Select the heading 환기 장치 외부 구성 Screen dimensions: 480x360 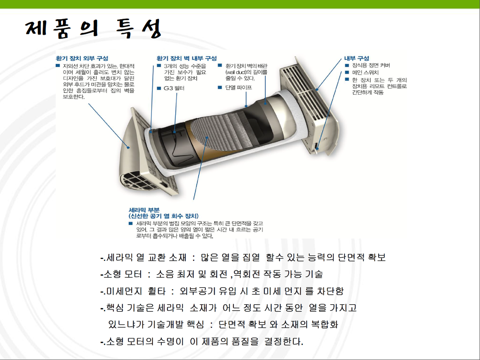pyautogui.click(x=82, y=58)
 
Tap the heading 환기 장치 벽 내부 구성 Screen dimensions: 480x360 pyautogui.click(x=187, y=58)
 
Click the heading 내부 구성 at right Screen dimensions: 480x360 pyautogui.click(x=356, y=58)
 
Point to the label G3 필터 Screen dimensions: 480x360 pyautogui.click(x=174, y=88)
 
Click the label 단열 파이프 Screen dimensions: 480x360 pyautogui.click(x=239, y=88)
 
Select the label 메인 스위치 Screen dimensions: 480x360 pyautogui.click(x=365, y=73)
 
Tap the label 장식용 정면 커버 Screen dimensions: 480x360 pyautogui.click(x=371, y=65)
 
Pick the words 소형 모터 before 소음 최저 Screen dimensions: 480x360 pyautogui.click(x=122, y=274)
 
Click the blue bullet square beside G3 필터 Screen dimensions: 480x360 pyautogui.click(x=159, y=88)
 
